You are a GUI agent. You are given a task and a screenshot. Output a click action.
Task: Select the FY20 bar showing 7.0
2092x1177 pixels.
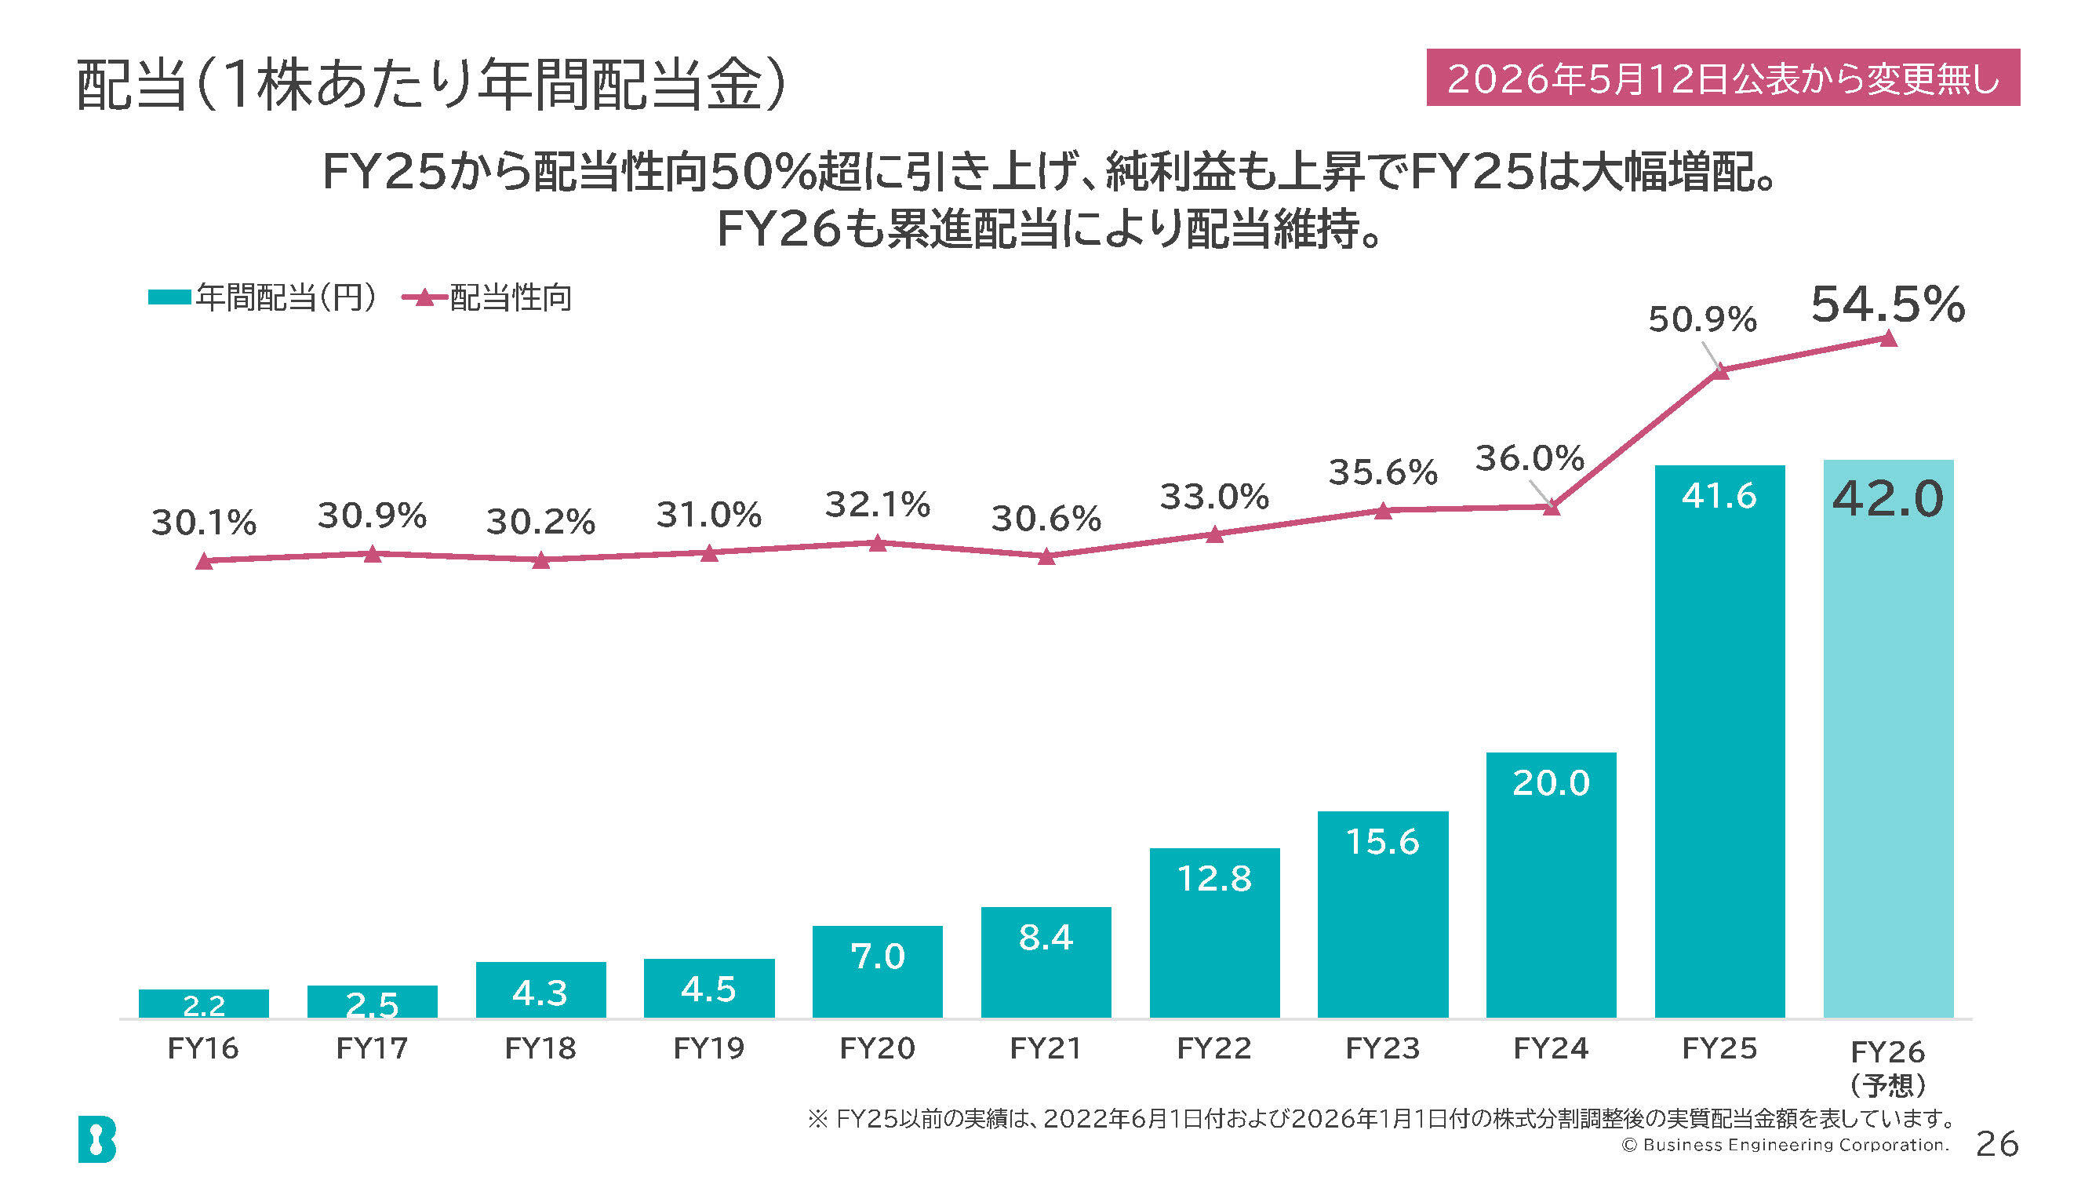[x=877, y=971]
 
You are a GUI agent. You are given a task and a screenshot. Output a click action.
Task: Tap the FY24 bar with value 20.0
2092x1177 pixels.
[x=1551, y=885]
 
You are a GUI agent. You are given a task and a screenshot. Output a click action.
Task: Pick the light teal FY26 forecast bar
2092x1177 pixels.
[x=1888, y=739]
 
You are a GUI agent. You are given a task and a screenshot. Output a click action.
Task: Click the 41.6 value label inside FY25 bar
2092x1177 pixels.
[x=1719, y=495]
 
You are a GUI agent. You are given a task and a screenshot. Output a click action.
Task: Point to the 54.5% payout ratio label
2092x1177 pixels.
[x=1887, y=304]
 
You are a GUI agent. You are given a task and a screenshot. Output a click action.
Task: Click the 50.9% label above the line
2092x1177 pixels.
[x=1702, y=319]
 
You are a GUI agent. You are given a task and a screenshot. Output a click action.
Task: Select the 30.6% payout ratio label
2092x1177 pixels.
[x=1046, y=519]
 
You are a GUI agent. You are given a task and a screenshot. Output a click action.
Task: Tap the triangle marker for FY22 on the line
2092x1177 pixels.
[x=1215, y=534]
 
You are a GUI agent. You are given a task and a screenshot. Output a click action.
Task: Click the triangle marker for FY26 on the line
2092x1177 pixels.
[x=1889, y=338]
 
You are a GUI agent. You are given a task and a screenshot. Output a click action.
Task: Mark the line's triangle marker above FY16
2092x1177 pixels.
[x=205, y=560]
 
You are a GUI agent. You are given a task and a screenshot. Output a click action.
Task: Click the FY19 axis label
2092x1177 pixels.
[x=709, y=1048]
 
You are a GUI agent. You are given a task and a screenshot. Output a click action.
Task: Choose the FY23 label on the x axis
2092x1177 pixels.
[x=1383, y=1048]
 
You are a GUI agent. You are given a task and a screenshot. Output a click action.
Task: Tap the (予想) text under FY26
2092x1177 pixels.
[x=1887, y=1085]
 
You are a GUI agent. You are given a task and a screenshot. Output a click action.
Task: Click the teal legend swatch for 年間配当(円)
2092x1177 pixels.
[x=169, y=297]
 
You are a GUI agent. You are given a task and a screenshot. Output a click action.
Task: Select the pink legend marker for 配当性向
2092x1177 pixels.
[x=424, y=297]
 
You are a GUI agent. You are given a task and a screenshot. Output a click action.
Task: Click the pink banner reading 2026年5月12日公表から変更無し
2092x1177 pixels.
[x=1723, y=77]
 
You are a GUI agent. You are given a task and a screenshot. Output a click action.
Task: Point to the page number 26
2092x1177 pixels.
[x=1997, y=1144]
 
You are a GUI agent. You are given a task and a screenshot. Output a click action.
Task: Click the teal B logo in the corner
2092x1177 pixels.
[x=97, y=1139]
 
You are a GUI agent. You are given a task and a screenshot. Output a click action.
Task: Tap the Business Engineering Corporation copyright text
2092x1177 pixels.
[x=1785, y=1145]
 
